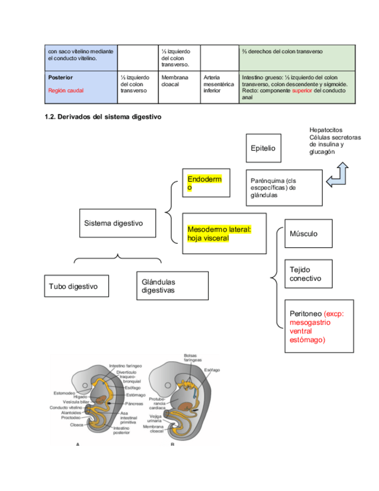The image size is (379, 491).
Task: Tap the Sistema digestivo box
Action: tap(117, 223)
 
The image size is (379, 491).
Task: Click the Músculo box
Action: tap(308, 233)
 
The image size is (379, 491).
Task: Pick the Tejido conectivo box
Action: tap(308, 274)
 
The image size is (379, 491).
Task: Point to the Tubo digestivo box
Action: tap(73, 286)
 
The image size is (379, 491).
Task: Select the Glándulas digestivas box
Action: tap(172, 285)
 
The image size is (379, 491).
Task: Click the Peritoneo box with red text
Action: tap(319, 327)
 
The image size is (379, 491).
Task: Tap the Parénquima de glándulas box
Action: tap(284, 188)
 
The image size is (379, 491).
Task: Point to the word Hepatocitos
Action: tap(326, 130)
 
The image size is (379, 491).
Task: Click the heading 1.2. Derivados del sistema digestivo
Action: tap(103, 116)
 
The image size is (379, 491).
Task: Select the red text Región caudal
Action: tap(66, 90)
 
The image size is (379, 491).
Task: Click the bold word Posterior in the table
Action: tap(61, 77)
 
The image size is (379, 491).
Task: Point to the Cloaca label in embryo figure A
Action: tap(76, 424)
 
